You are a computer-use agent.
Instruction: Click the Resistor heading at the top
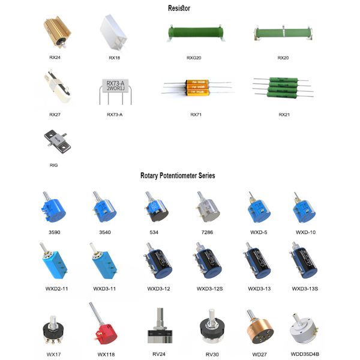(178, 8)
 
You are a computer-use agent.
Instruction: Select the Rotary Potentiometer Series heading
(178, 176)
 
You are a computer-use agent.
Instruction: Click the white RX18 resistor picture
(114, 33)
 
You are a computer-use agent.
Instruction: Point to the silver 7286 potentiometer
(205, 208)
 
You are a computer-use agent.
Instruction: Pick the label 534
(154, 232)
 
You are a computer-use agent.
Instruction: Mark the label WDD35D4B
(306, 355)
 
